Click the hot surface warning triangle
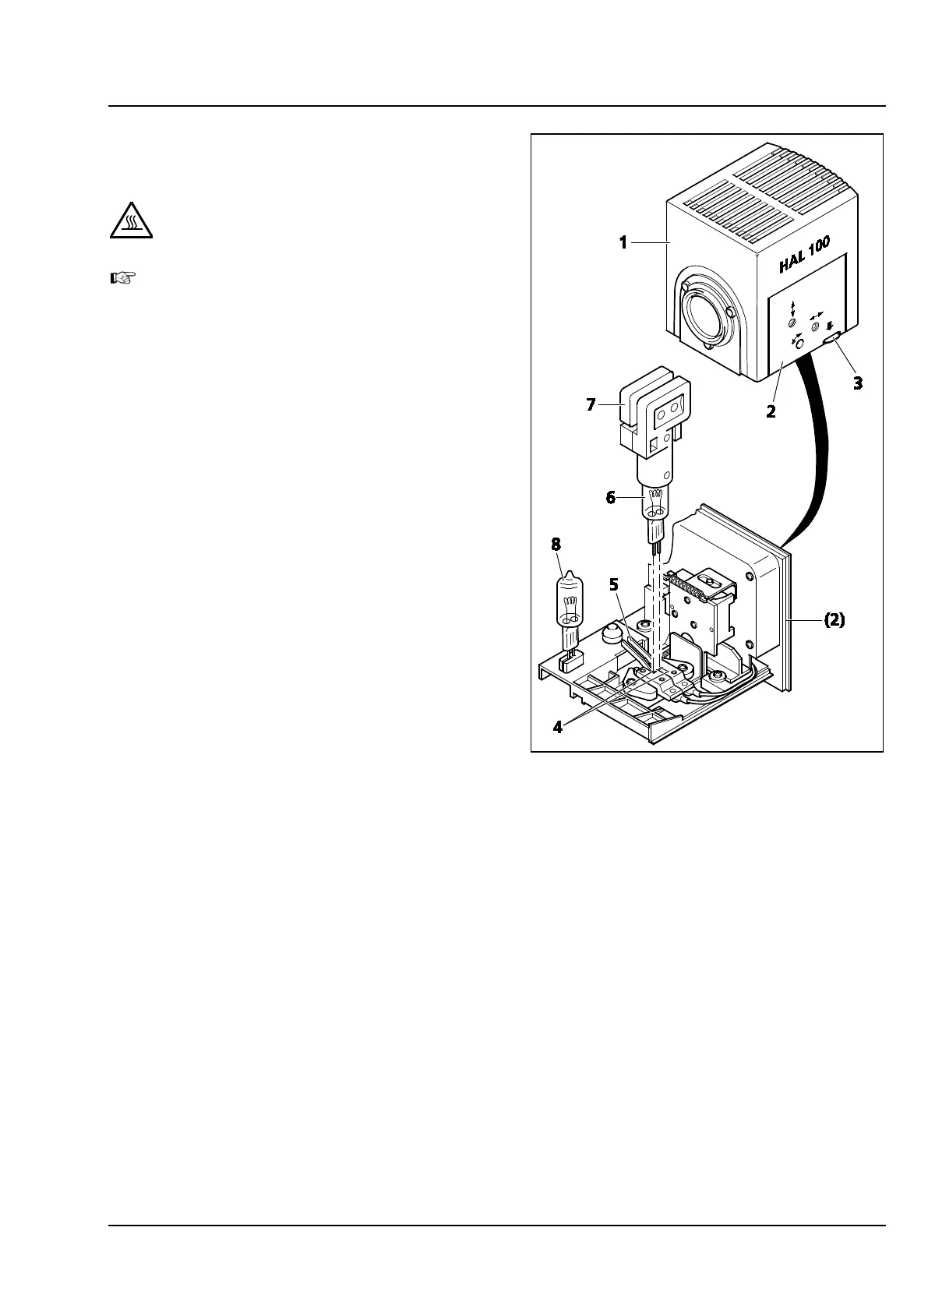(x=130, y=221)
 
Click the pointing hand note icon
(x=123, y=277)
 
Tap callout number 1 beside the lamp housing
(x=623, y=243)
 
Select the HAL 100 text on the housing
(x=804, y=256)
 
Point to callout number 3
(x=858, y=383)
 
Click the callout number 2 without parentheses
(x=771, y=412)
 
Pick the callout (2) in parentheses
(x=834, y=621)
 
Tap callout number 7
(x=591, y=404)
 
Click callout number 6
(x=612, y=497)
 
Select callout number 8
(x=556, y=543)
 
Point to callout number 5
(x=614, y=584)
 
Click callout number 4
(x=558, y=727)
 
